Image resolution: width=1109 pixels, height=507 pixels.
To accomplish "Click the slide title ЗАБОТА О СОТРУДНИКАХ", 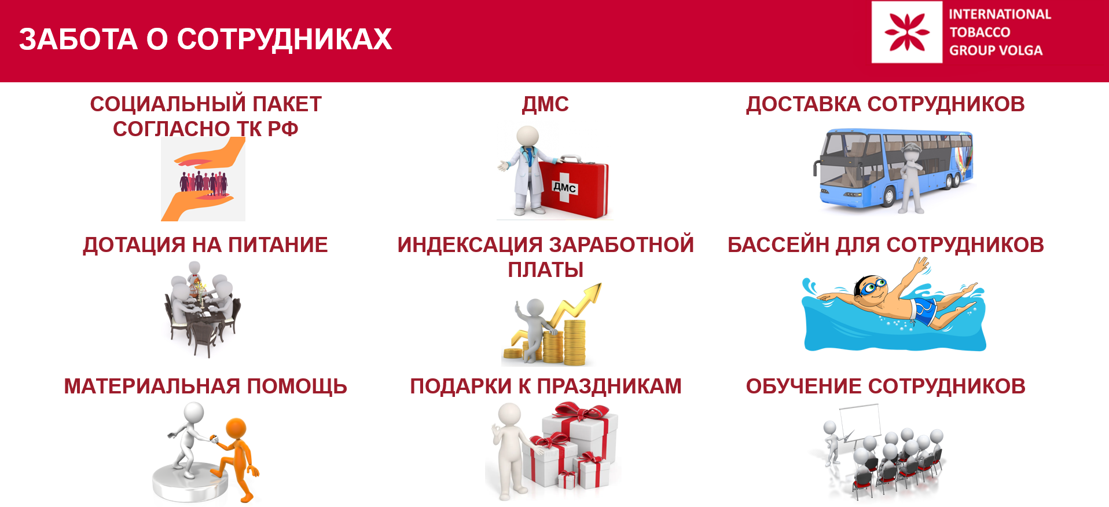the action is click(x=205, y=39).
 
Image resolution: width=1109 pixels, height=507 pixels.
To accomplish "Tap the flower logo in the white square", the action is click(x=907, y=32).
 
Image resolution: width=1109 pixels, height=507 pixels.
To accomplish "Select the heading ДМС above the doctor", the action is click(x=545, y=104).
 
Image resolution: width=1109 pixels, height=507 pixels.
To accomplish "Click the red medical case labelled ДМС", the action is click(x=573, y=185).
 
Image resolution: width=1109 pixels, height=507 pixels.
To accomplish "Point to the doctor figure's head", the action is click(x=527, y=136).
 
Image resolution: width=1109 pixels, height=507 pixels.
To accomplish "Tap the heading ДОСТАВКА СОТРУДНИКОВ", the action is click(x=886, y=104).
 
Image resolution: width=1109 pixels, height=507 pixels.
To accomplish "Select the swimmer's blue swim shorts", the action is click(x=924, y=312).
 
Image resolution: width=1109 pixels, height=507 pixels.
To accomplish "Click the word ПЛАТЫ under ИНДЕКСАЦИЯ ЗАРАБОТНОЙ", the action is click(x=545, y=270).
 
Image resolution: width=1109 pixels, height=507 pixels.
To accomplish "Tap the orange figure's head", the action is click(x=237, y=429).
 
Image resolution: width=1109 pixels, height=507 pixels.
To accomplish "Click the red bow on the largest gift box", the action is click(x=581, y=413).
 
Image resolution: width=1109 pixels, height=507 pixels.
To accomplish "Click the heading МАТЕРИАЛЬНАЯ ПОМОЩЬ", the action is click(x=205, y=386).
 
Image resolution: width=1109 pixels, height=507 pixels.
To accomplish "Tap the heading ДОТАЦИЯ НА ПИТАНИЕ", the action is click(x=205, y=245).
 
